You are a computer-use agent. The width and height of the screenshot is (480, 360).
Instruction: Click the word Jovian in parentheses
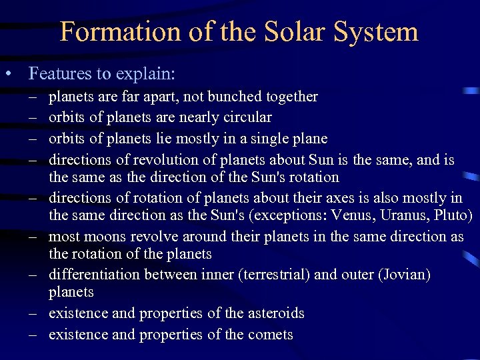[408, 275]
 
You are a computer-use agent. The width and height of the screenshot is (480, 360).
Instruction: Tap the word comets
[269, 335]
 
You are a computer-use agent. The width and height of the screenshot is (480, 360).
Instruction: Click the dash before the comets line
[32, 335]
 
